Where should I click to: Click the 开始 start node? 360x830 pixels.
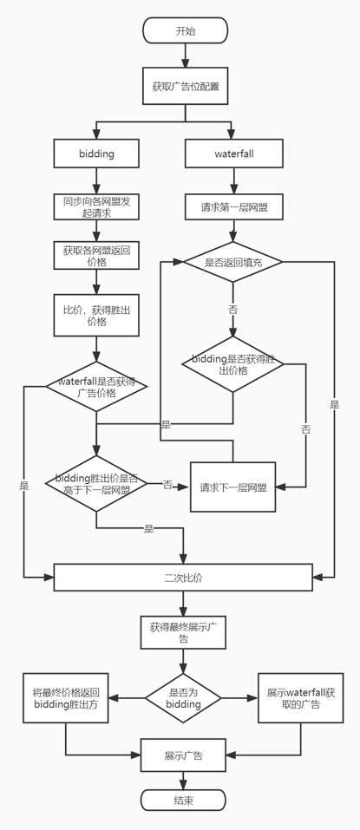(185, 31)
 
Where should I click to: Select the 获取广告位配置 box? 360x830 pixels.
(185, 87)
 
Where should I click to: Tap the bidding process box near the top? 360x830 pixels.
(96, 154)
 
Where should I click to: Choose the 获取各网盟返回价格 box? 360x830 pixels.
(96, 256)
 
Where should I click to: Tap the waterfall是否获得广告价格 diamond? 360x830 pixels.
(96, 387)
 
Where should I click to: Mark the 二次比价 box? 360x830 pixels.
(184, 577)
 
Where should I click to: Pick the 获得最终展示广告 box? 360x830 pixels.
(183, 631)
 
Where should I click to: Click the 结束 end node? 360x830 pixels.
(184, 799)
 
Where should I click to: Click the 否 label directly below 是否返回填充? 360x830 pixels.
(232, 309)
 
